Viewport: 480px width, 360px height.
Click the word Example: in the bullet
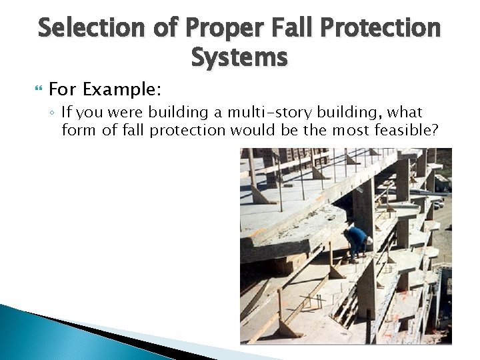click(123, 89)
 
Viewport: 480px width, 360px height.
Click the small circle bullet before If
click(52, 113)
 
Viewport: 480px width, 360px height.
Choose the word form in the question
click(79, 130)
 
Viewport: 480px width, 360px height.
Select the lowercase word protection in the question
click(187, 130)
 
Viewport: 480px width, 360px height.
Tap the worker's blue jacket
click(357, 236)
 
